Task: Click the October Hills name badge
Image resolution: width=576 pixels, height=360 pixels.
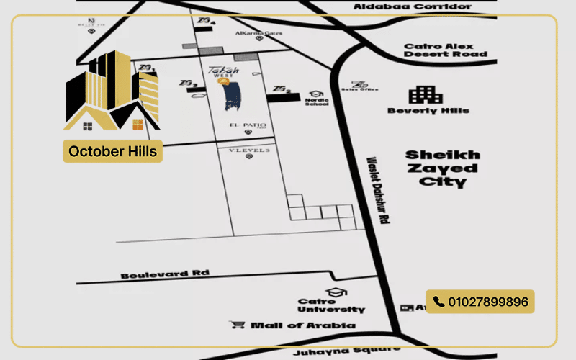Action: [112, 152]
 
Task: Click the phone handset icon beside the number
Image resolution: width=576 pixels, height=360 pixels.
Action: [438, 302]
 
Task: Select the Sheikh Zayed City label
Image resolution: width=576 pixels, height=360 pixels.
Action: [441, 168]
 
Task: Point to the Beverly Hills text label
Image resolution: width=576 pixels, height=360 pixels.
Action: [428, 111]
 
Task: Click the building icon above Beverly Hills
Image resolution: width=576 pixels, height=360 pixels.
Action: [426, 94]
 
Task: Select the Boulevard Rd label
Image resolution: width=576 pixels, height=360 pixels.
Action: [165, 274]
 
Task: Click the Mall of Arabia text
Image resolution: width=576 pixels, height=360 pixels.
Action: [302, 325]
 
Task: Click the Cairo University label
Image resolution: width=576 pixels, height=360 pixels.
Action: [331, 305]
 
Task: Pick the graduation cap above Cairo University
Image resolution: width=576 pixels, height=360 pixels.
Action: [335, 292]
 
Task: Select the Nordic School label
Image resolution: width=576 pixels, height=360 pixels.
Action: [317, 102]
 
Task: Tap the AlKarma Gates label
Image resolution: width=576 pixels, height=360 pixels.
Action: [258, 33]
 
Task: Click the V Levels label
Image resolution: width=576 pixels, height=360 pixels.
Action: [248, 150]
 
